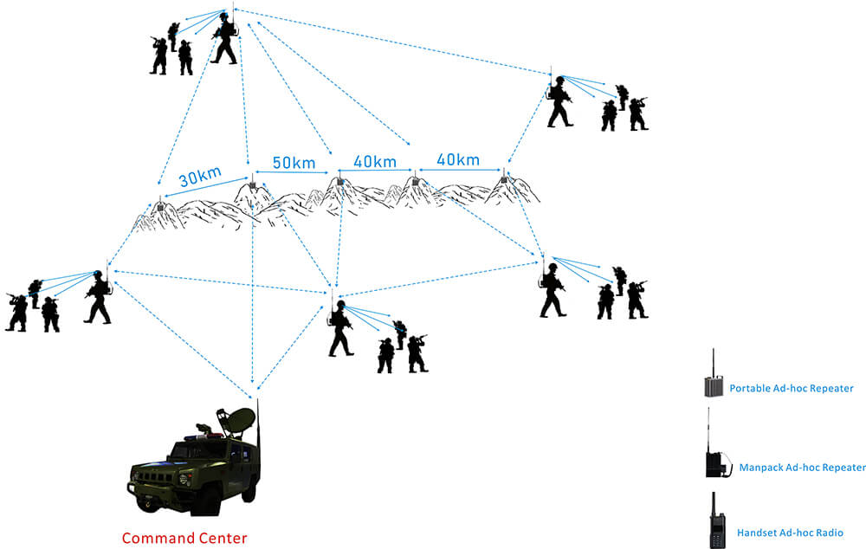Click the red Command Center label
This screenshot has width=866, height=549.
(184, 538)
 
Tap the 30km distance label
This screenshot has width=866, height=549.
(200, 176)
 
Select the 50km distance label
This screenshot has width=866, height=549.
(294, 163)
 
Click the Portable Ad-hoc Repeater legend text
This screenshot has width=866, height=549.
(791, 388)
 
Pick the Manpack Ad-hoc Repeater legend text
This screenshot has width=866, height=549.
(803, 468)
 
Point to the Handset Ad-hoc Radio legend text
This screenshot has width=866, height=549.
(790, 533)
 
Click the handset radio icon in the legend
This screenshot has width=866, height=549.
(717, 520)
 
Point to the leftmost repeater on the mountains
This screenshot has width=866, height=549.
(160, 205)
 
